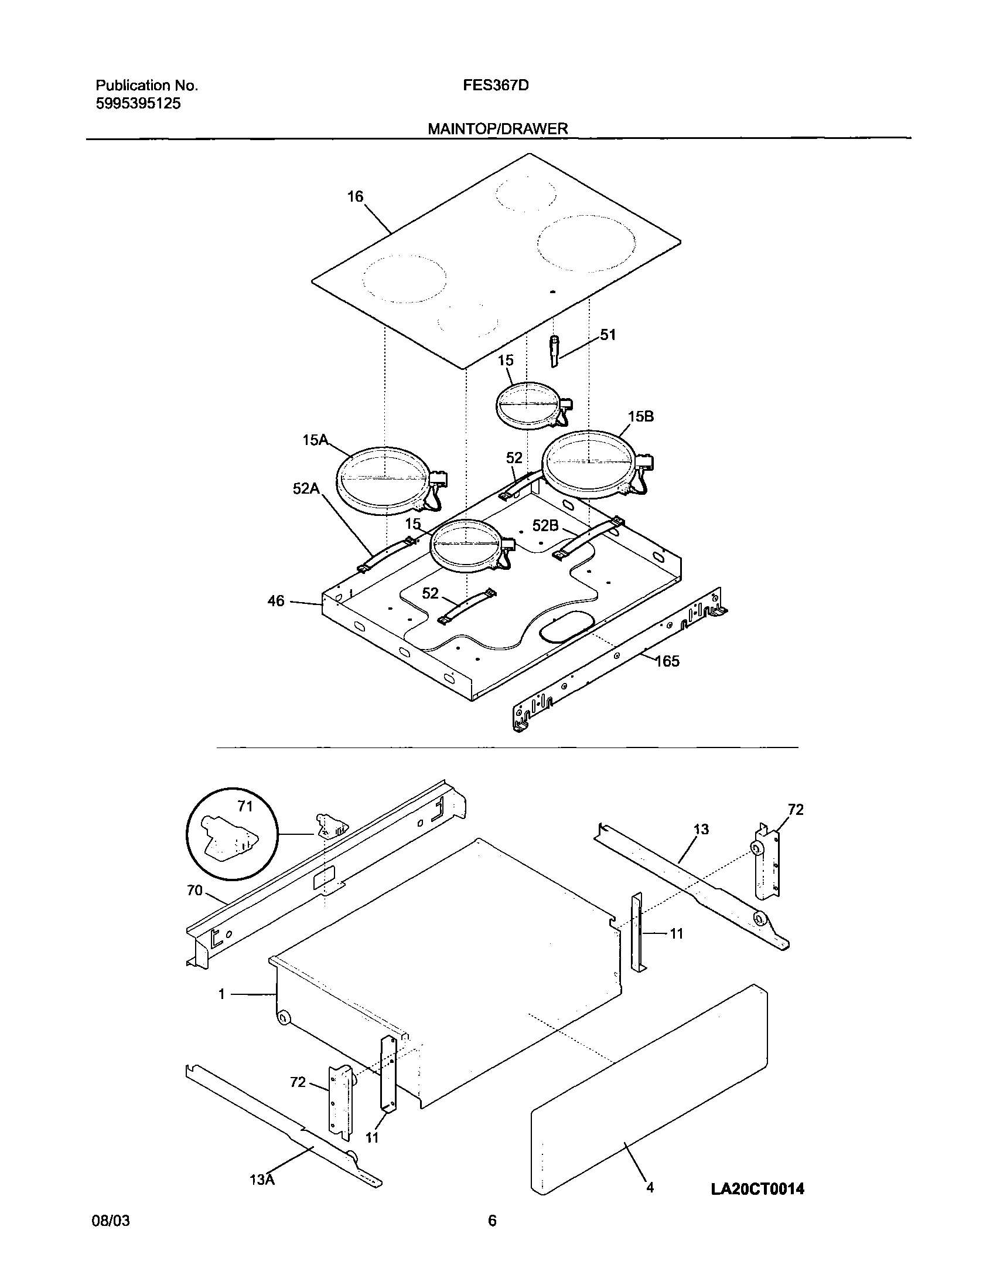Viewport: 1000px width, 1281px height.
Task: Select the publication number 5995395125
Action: (138, 104)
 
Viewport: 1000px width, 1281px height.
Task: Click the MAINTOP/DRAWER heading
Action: (497, 129)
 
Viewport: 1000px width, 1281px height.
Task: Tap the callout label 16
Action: (355, 196)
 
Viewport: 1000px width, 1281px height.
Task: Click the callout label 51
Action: (608, 335)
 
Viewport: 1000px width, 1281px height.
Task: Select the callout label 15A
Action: (315, 440)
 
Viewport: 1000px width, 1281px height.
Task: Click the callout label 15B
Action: (641, 416)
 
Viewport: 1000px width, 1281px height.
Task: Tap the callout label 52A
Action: (306, 488)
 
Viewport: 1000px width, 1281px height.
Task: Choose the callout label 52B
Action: (545, 526)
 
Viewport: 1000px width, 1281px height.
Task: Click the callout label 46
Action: (276, 600)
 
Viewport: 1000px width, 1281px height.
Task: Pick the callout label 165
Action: (667, 661)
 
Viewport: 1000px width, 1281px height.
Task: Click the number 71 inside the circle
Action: (245, 807)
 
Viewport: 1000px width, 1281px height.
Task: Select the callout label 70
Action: (194, 891)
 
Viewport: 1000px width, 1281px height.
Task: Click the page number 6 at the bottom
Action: (492, 1237)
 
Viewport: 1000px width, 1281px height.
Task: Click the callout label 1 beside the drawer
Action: (221, 994)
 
